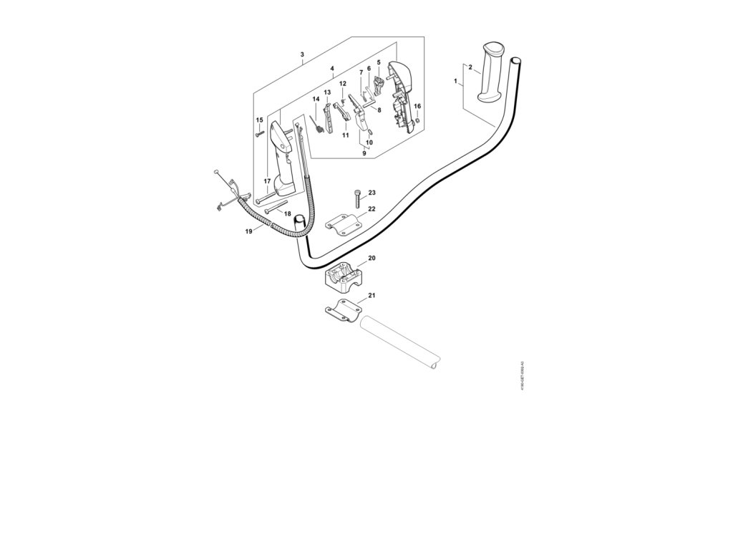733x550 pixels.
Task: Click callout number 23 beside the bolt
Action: coord(372,193)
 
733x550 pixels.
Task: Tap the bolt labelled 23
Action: coord(356,198)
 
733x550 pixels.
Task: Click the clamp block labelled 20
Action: coord(347,277)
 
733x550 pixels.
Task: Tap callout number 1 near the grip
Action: coord(456,82)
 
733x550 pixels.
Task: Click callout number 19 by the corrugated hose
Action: coord(249,231)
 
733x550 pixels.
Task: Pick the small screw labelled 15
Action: coord(258,133)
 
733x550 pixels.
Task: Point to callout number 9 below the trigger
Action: coord(364,153)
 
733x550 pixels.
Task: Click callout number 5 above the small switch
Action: coord(378,62)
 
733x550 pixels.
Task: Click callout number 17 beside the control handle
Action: coord(266,180)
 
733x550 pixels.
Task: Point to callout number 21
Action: coord(372,295)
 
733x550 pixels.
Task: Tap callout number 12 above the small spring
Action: coord(343,84)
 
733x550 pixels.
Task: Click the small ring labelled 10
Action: coord(371,131)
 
